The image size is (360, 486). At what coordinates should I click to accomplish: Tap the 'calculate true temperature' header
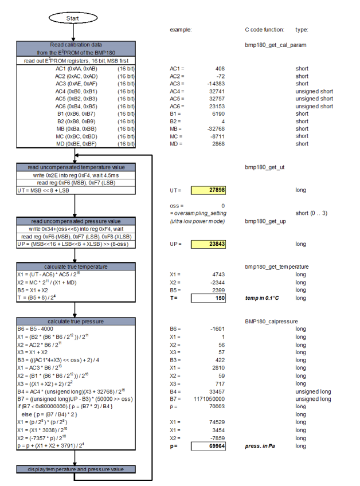pos(76,266)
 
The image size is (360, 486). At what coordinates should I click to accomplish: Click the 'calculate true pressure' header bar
pos(76,321)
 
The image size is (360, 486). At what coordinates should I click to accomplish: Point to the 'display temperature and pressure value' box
pos(76,469)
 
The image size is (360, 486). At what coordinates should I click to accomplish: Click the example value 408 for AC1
pos(218,68)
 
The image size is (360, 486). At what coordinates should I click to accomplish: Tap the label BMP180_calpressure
pos(269,321)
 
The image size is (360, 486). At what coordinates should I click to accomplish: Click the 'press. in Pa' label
pos(261,446)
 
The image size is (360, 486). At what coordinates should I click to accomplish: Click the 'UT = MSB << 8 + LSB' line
pos(42,190)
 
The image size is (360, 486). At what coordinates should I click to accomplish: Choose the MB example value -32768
pos(214,128)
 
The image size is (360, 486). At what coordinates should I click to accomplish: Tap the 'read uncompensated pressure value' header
pos(76,221)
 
